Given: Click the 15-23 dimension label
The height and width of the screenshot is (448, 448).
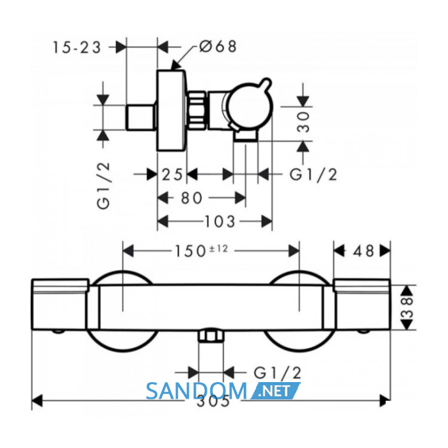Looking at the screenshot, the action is (77, 47).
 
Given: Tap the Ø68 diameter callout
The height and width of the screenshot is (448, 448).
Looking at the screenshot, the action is (218, 46).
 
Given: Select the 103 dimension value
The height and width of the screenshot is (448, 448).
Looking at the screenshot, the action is (220, 221).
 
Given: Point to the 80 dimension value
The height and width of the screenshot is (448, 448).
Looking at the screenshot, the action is (191, 198).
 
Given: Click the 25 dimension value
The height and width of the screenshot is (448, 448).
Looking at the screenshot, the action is (172, 174).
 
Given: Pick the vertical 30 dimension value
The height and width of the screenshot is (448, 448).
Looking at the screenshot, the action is (303, 122).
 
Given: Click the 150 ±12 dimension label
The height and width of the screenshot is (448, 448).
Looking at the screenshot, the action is (201, 251).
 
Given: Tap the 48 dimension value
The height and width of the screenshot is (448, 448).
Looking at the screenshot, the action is (364, 251).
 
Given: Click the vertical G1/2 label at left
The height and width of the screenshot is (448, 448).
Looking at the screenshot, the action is (104, 186).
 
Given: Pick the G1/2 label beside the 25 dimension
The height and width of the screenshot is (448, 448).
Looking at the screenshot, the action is (313, 174).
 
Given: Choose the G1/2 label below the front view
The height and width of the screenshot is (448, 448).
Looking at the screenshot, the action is (277, 373).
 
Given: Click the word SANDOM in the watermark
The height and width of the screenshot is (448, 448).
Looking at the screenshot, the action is (196, 391).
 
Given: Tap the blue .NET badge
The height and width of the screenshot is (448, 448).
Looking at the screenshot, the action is (275, 391).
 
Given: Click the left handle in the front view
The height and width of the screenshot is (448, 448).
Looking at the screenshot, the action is (60, 304).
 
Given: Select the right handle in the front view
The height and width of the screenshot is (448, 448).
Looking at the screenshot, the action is (362, 304).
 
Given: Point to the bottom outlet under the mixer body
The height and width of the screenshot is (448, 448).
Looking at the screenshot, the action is (211, 335).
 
